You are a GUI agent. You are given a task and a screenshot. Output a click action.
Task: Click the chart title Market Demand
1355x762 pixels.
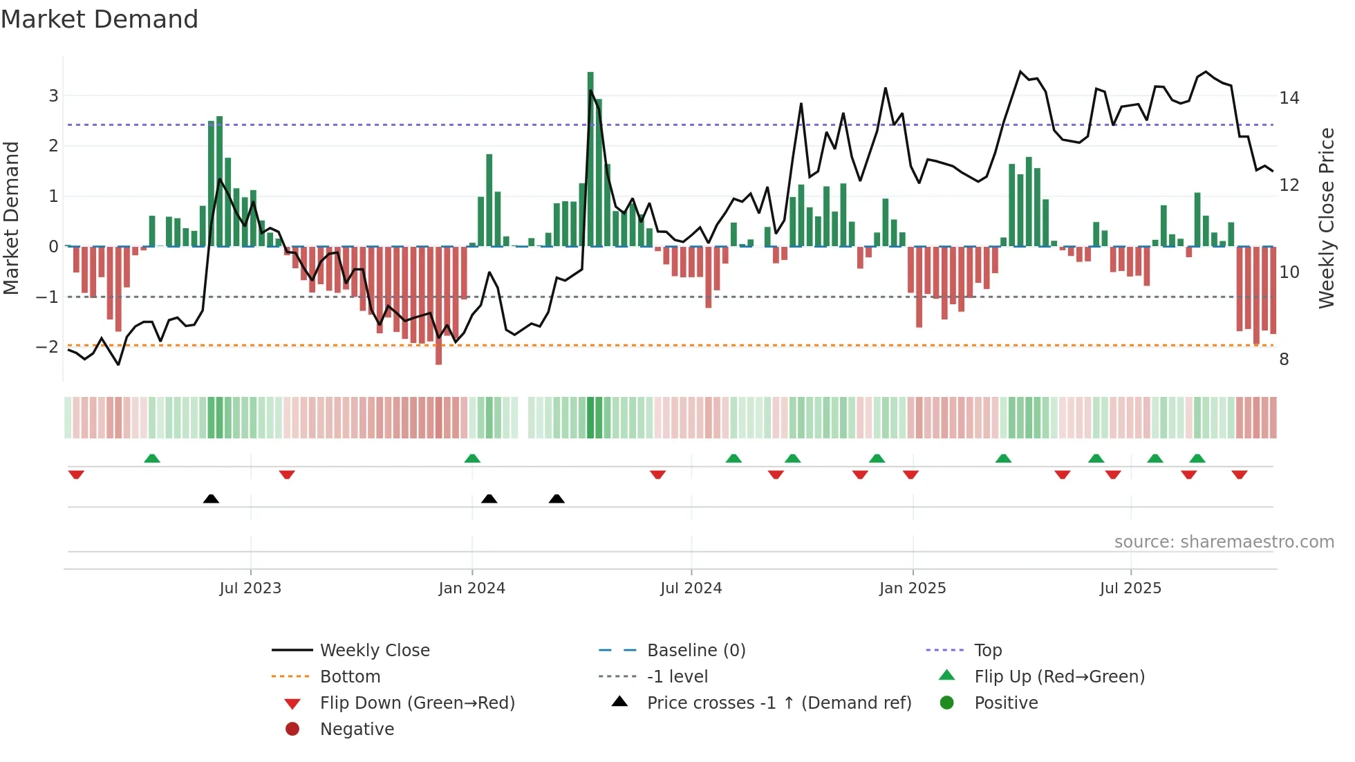click(x=100, y=19)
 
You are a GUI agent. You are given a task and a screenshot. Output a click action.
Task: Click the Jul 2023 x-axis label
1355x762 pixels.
click(x=250, y=588)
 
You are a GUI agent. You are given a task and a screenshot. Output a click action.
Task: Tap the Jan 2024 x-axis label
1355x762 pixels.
click(x=472, y=588)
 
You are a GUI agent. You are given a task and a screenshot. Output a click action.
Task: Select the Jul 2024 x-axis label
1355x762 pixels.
click(x=691, y=588)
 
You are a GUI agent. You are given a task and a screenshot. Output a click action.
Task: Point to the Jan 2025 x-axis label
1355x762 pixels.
click(x=913, y=588)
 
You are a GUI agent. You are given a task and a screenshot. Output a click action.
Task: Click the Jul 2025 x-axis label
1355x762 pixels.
click(x=1130, y=588)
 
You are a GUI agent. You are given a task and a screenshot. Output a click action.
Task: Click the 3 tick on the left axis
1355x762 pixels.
click(x=53, y=96)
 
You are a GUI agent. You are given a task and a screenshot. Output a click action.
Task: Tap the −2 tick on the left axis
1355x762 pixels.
click(x=48, y=346)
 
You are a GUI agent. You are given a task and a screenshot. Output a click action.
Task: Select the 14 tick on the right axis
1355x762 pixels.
click(x=1289, y=98)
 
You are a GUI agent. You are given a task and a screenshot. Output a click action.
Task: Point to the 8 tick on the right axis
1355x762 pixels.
click(x=1284, y=360)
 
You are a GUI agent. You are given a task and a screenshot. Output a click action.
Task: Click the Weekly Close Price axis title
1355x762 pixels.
click(x=1326, y=218)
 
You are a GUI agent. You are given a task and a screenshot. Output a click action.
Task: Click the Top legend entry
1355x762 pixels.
click(x=988, y=651)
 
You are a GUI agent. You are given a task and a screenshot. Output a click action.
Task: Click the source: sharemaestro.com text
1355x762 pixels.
click(x=1224, y=542)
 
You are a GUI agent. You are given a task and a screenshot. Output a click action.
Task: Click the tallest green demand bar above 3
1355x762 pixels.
click(x=590, y=159)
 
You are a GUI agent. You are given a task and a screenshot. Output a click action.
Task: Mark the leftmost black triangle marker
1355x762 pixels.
click(x=211, y=499)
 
